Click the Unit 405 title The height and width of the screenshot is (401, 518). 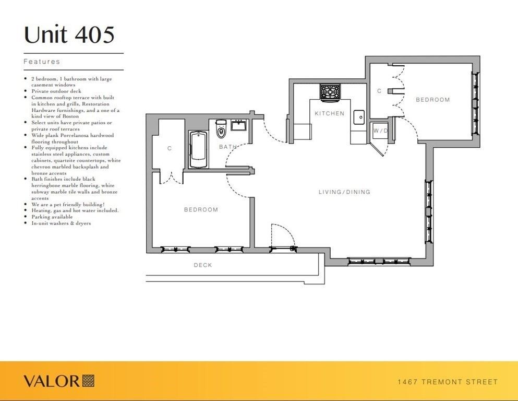click(69, 34)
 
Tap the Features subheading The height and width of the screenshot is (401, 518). click(42, 62)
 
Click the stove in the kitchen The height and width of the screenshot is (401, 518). click(330, 91)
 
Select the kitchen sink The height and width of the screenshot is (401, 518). click(359, 117)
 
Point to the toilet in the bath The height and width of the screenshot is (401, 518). click(220, 129)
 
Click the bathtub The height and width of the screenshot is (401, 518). click(198, 149)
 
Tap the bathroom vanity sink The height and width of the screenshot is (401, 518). click(238, 125)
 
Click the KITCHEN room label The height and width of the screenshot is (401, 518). click(329, 113)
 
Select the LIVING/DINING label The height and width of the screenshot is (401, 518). click(344, 192)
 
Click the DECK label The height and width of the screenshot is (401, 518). click(203, 265)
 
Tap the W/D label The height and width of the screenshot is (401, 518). click(380, 131)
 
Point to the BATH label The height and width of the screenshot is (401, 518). click(228, 146)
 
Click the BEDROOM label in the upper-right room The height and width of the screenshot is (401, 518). click(433, 100)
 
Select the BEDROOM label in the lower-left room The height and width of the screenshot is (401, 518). click(201, 209)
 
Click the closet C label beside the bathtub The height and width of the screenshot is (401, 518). click(170, 148)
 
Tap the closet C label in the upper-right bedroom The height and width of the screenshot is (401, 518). click(379, 91)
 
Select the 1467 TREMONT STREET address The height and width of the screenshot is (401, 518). click(448, 382)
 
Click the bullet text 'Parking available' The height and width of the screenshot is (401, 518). click(52, 217)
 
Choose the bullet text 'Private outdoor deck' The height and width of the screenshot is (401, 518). click(56, 91)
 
